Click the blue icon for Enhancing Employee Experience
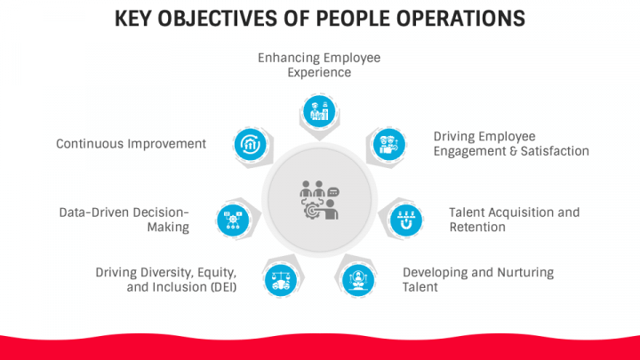319,111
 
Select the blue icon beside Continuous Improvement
248,143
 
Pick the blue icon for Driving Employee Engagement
389,143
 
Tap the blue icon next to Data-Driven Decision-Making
234,218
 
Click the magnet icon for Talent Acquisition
405,218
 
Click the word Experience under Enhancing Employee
319,72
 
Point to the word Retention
477,227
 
